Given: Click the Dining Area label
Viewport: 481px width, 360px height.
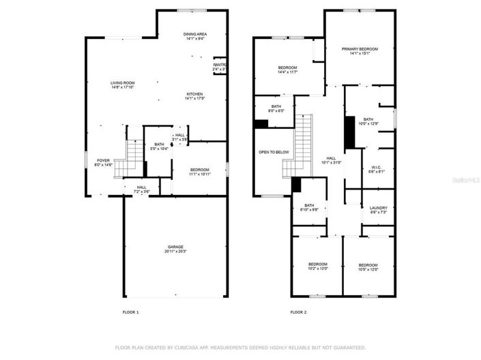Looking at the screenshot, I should click(x=194, y=34).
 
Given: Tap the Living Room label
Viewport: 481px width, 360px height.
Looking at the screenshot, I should click(x=123, y=83).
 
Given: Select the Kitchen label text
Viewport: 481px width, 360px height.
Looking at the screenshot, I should click(x=194, y=95).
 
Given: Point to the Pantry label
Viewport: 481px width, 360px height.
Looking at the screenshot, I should click(x=220, y=65).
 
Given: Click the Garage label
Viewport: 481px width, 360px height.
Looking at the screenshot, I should click(x=176, y=247).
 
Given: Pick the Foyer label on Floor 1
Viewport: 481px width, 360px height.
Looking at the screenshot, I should click(x=102, y=161).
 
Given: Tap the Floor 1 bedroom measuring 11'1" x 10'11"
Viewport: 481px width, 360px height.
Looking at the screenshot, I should click(x=200, y=170).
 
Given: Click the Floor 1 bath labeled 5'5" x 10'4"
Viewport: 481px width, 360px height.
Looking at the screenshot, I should click(x=158, y=145).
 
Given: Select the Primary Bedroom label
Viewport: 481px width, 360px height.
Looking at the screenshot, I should click(x=360, y=49).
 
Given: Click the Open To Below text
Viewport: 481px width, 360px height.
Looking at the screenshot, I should click(x=274, y=152).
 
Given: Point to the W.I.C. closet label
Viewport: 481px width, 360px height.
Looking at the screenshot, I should click(x=376, y=167).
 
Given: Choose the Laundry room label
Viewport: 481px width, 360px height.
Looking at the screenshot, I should click(x=378, y=209).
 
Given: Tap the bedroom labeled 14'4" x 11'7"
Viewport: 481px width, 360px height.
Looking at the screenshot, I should click(x=287, y=67).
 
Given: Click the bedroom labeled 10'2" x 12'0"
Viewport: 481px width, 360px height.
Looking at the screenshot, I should click(x=317, y=265).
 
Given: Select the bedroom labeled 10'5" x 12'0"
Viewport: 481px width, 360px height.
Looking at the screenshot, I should click(x=368, y=265).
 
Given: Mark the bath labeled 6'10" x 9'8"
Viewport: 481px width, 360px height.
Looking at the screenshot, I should click(x=309, y=206).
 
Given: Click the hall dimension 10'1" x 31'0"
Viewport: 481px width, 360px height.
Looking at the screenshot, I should click(x=332, y=162).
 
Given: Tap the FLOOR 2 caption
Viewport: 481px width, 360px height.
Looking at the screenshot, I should click(x=298, y=312).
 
